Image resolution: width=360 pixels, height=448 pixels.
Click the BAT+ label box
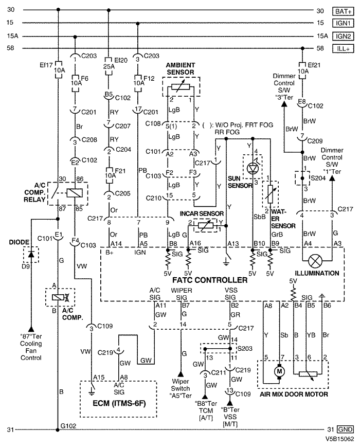click(x=343, y=11)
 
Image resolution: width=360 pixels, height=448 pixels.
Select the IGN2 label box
click(x=343, y=36)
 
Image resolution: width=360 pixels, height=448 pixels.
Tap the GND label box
click(x=345, y=429)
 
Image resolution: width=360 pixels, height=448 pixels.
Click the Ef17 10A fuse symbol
click(x=58, y=69)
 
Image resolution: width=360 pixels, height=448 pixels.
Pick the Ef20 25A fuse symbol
click(x=109, y=66)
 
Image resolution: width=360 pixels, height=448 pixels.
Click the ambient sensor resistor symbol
click(x=181, y=86)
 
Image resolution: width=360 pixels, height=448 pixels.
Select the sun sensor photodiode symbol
click(x=253, y=169)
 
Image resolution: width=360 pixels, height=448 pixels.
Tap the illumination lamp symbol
click(x=315, y=261)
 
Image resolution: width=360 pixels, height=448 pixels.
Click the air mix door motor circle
click(x=279, y=371)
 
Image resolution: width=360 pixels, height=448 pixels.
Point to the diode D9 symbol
click(x=31, y=255)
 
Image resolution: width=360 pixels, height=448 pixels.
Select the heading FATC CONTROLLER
click(x=210, y=280)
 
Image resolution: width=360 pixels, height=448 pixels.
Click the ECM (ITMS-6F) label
click(x=119, y=403)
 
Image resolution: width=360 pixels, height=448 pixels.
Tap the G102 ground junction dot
click(x=58, y=429)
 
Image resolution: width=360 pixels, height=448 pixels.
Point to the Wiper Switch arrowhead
click(x=181, y=374)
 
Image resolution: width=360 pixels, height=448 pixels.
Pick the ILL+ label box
click(x=343, y=48)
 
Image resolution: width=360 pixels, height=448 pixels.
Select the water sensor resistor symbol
click(x=270, y=194)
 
